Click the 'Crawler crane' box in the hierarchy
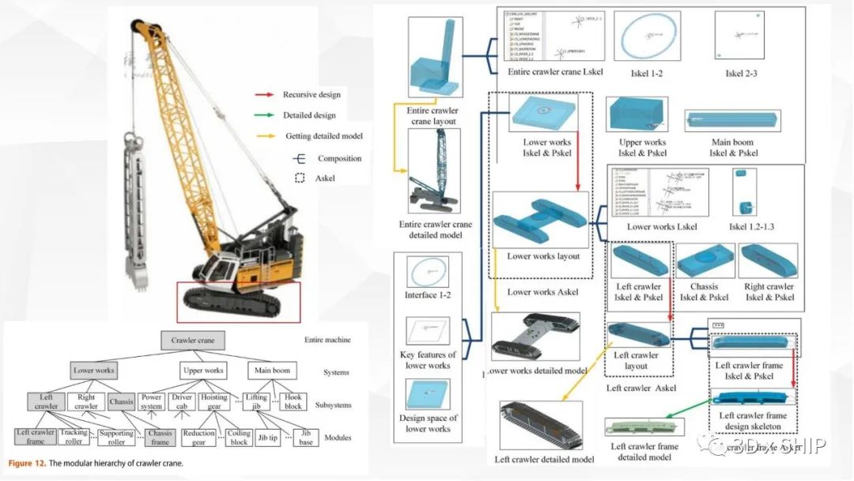(x=194, y=341)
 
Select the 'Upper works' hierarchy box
(x=203, y=369)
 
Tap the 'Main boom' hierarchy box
(x=271, y=369)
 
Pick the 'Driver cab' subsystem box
(x=183, y=402)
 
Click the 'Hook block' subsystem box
(x=292, y=402)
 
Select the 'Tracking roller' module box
(x=74, y=437)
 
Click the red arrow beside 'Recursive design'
(x=265, y=95)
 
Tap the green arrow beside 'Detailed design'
(x=265, y=116)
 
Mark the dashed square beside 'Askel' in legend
(x=299, y=178)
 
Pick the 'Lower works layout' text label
(x=543, y=256)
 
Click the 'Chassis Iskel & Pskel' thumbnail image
(x=704, y=263)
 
